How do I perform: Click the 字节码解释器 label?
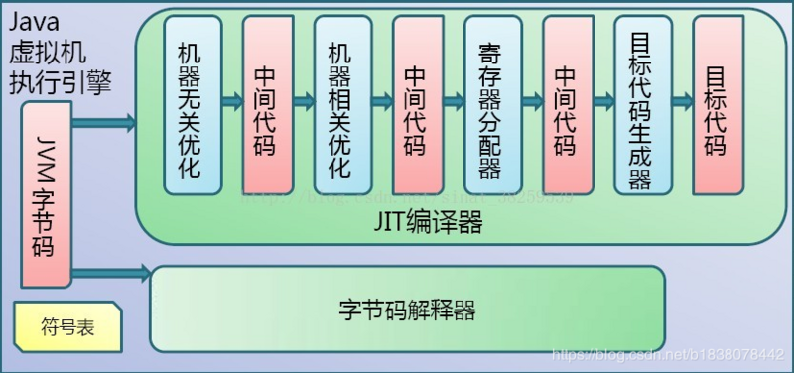click(407, 311)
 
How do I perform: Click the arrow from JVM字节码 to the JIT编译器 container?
click(104, 124)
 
